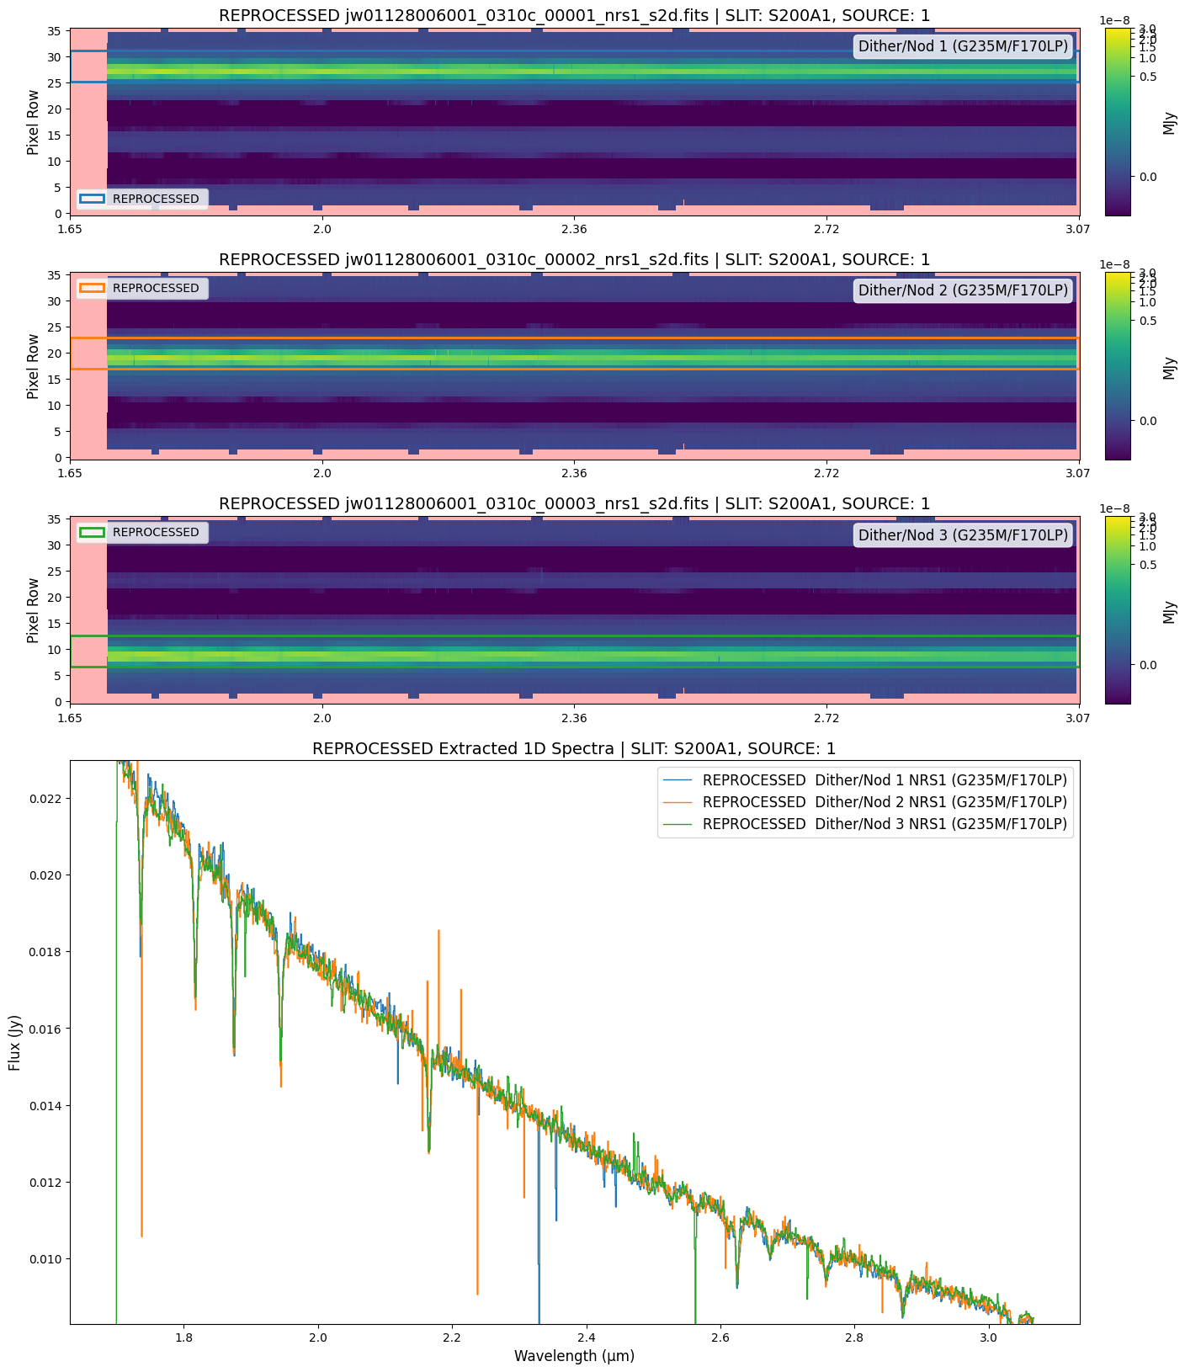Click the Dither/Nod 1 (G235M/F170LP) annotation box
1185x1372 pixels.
pyautogui.click(x=963, y=46)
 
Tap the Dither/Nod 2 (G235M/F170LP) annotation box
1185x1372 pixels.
pyautogui.click(x=963, y=290)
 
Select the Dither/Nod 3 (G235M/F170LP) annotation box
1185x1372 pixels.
pyautogui.click(x=963, y=534)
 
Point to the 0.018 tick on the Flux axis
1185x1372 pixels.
pyautogui.click(x=45, y=952)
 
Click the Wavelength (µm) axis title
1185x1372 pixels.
pyautogui.click(x=574, y=1356)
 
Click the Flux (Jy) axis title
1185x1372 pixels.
pyautogui.click(x=14, y=1042)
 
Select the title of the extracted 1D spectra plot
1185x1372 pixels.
pyautogui.click(x=574, y=748)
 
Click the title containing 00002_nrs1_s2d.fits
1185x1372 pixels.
pyautogui.click(x=574, y=259)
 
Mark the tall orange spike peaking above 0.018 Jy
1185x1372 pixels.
pyautogui.click(x=438, y=933)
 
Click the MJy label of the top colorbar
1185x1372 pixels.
pyautogui.click(x=1169, y=123)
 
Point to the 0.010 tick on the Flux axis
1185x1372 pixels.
pyautogui.click(x=45, y=1259)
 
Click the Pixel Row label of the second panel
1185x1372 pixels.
pyautogui.click(x=33, y=366)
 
